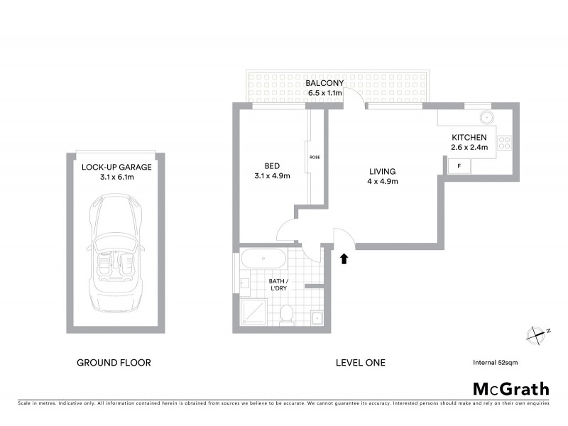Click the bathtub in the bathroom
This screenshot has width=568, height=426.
(263, 258)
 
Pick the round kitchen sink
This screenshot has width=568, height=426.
(486, 117)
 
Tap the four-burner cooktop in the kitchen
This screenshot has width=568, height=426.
(505, 142)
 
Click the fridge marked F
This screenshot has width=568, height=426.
(459, 166)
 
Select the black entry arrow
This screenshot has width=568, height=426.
(344, 258)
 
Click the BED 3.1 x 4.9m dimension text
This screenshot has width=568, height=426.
(273, 176)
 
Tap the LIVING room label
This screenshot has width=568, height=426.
(381, 171)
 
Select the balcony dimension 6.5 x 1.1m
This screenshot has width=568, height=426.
(324, 93)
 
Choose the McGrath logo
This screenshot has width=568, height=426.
(510, 388)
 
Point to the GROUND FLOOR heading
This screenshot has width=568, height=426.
(114, 363)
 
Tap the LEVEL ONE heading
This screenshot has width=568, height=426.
(360, 363)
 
